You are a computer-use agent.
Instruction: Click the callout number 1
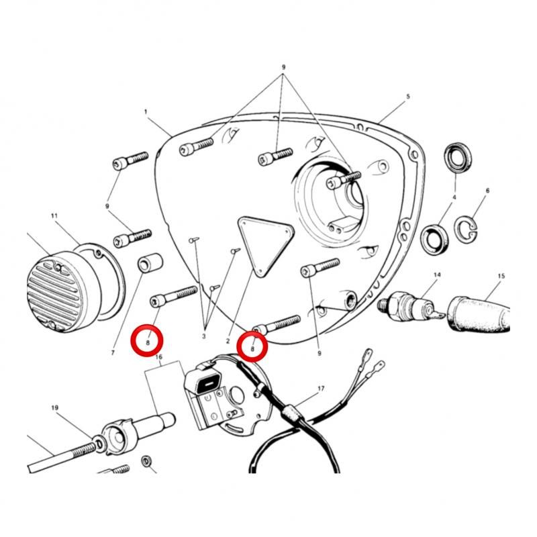146,111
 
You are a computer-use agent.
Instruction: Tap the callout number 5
408,97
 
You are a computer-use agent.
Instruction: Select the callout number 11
54,215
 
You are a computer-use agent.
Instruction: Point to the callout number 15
501,276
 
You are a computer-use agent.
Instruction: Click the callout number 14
438,275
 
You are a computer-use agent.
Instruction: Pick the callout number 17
321,389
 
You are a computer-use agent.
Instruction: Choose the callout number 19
55,407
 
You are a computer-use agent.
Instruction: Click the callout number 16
158,357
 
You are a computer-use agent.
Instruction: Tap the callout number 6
488,191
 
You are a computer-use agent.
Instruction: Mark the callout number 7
113,352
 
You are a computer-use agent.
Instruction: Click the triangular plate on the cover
265,244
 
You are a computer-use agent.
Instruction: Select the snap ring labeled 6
466,228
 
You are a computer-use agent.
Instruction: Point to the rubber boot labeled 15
479,314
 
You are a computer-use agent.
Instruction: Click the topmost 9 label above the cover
283,67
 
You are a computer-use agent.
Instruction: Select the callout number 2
228,341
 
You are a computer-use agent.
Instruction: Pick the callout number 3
204,336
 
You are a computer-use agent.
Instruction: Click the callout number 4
454,197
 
